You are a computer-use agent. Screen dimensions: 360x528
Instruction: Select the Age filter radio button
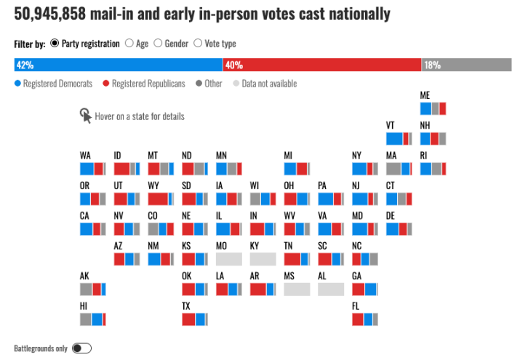(129, 44)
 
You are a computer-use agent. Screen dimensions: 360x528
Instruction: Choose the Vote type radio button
(198, 44)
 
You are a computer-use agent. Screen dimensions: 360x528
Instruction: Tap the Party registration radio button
(55, 44)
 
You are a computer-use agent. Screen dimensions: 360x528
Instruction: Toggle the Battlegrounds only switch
(81, 348)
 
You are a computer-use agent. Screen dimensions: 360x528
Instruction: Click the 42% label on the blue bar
(25, 65)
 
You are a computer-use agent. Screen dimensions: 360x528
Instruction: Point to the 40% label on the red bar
(233, 65)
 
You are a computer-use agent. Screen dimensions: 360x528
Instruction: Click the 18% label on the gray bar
(432, 65)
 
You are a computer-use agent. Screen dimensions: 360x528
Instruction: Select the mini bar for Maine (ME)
(433, 109)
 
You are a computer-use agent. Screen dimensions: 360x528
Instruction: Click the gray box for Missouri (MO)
(228, 259)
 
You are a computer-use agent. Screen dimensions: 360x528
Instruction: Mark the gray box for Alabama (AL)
(330, 289)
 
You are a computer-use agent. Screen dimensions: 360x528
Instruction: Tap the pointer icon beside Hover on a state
(86, 115)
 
